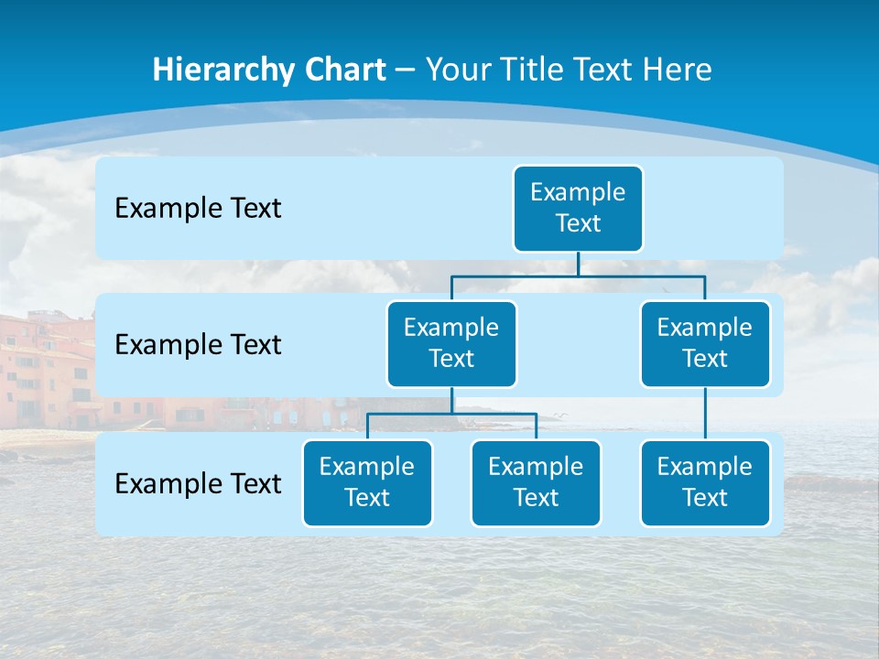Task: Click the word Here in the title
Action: click(676, 70)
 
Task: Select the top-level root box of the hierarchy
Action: click(578, 208)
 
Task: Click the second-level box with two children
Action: click(451, 343)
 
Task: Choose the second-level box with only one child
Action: click(704, 343)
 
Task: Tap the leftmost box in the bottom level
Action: click(367, 482)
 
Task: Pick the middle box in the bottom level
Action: click(536, 482)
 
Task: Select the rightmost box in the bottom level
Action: click(704, 482)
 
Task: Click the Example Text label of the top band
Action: click(198, 209)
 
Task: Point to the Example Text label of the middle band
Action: click(198, 345)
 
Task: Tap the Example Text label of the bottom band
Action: click(198, 483)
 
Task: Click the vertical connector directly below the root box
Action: click(578, 264)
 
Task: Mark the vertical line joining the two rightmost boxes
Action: click(704, 414)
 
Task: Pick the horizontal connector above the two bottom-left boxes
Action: click(412, 414)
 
